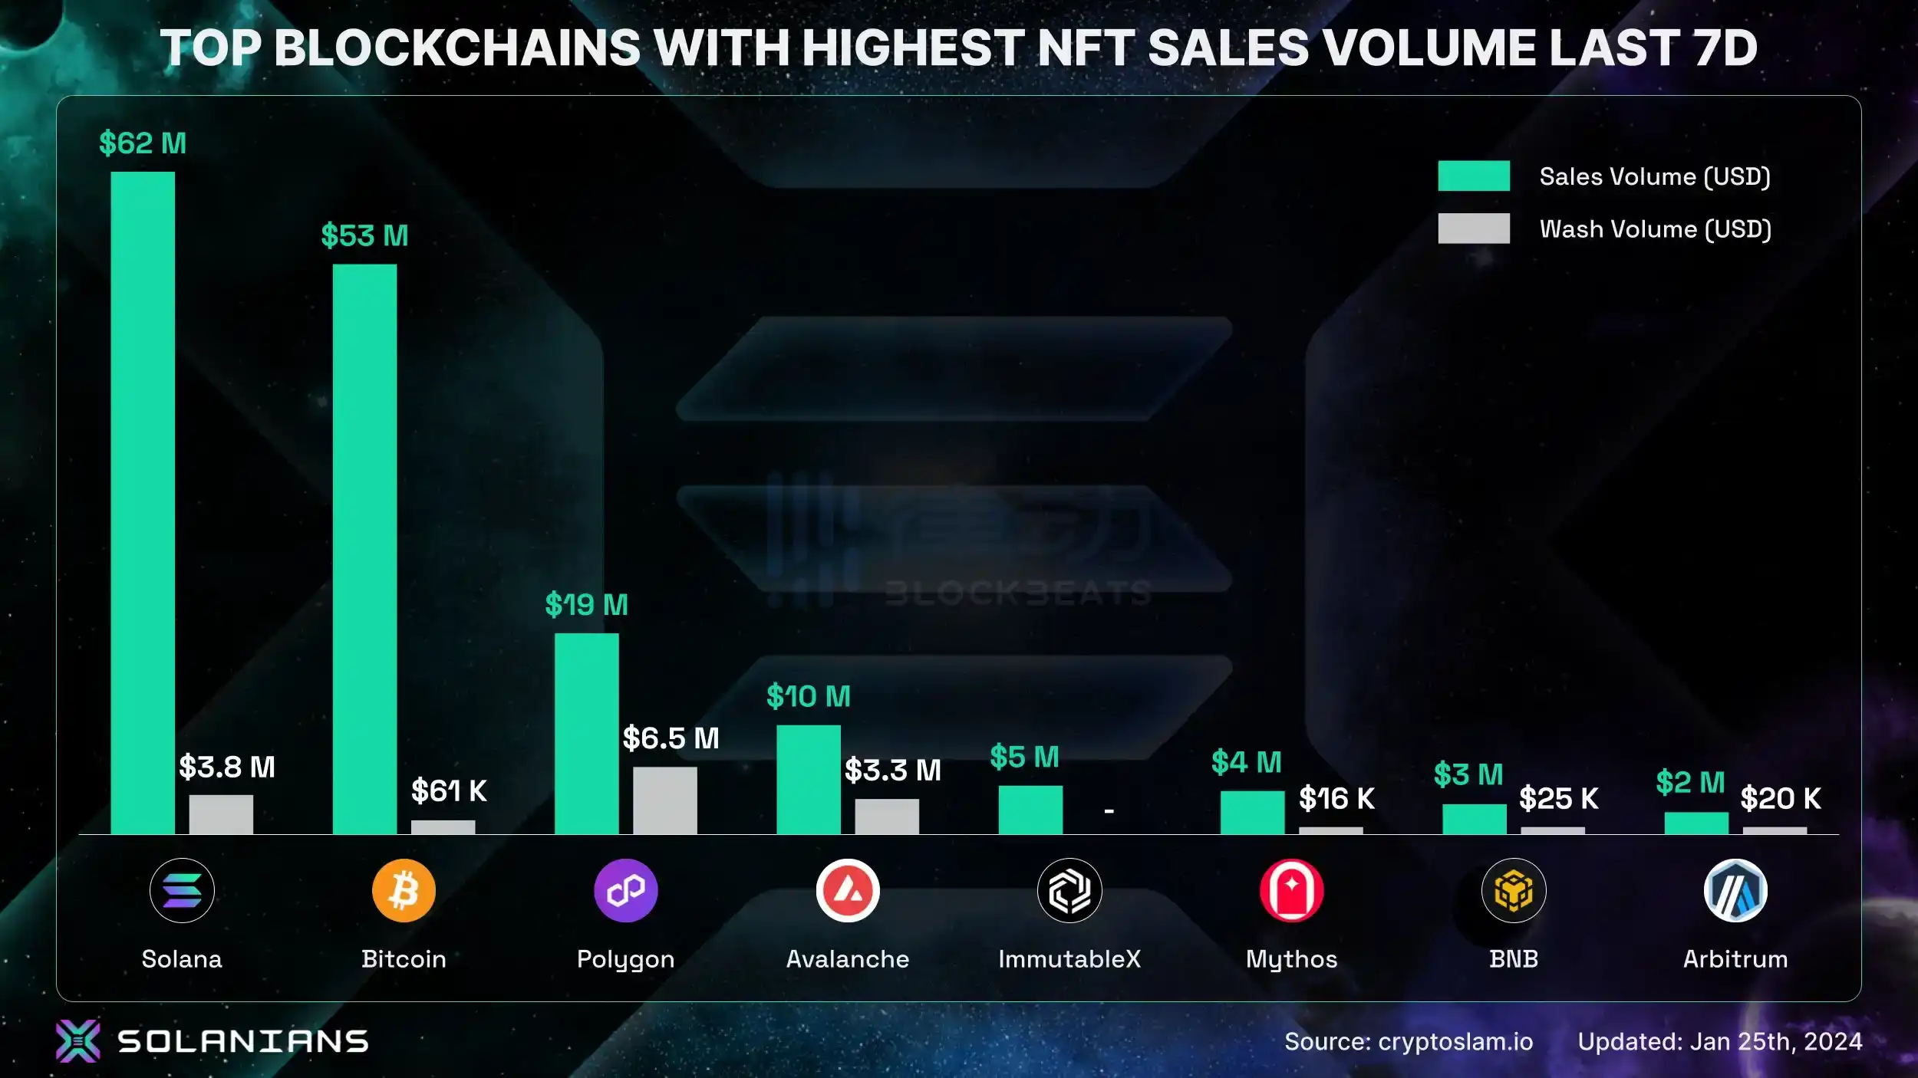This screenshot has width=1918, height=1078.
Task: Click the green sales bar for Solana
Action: pos(143,502)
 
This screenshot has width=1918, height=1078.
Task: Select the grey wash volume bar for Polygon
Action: pos(664,800)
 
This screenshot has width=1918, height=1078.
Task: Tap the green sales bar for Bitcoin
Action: pos(364,548)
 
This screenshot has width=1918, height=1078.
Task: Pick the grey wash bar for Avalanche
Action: pos(887,816)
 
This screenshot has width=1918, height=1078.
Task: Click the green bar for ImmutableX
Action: pos(1030,810)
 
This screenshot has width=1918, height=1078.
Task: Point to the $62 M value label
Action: pos(143,143)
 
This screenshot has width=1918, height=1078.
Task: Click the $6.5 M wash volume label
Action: pos(671,738)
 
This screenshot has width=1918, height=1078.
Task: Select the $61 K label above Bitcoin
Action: pos(449,790)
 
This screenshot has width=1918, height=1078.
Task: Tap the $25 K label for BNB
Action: pos(1558,798)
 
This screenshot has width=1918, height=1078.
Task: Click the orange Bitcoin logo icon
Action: pos(404,890)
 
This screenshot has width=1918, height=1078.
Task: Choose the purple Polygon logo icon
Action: pos(625,890)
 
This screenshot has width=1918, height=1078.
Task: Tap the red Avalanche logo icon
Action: pos(848,890)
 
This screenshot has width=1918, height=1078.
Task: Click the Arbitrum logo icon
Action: pos(1735,890)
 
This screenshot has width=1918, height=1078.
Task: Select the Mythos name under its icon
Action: pos(1291,959)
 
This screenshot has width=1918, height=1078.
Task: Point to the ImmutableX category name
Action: pos(1069,959)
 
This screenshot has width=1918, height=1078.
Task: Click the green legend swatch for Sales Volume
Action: pos(1473,176)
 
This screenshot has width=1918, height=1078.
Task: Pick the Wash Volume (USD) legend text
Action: pos(1655,229)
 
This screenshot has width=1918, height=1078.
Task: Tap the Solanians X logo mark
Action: pos(77,1040)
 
